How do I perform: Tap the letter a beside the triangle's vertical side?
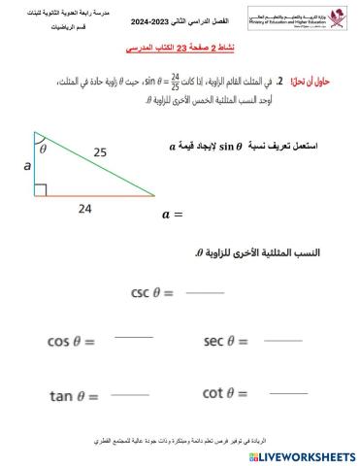(26, 166)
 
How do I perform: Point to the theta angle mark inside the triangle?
(43, 150)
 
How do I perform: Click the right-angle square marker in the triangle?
(41, 189)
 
